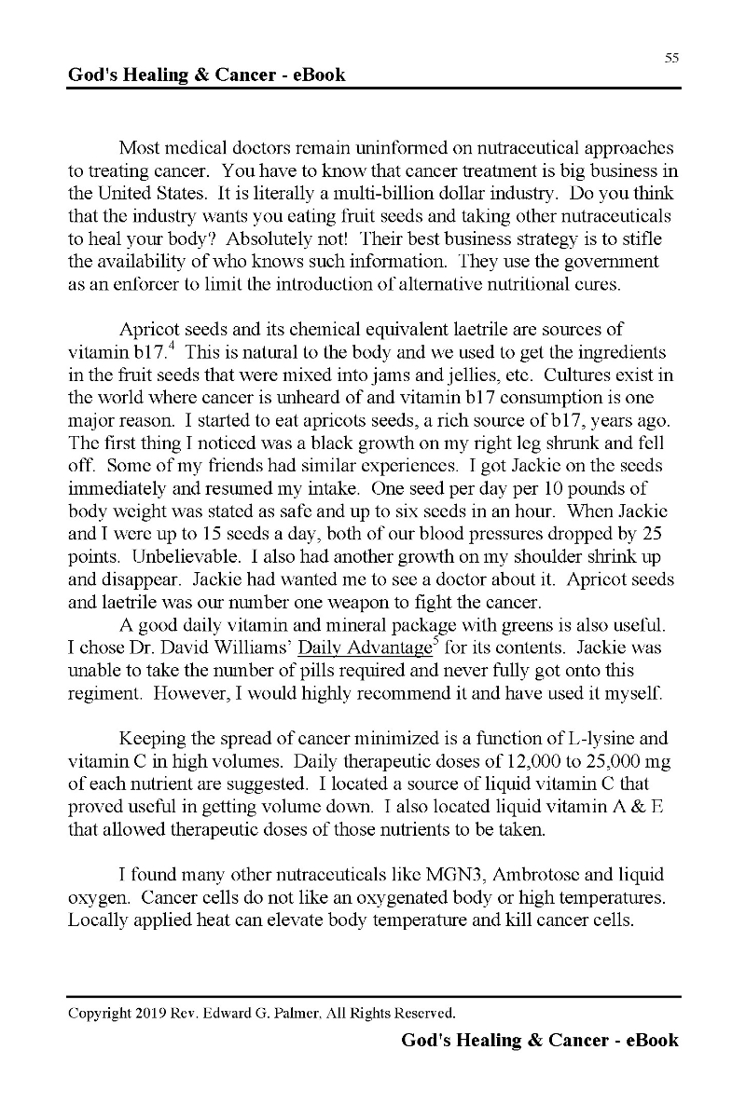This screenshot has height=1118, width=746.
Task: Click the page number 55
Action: pos(671,58)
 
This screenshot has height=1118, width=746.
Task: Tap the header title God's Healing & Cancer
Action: pos(207,75)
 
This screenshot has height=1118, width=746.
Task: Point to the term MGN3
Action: pos(449,875)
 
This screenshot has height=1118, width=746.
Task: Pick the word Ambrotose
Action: pos(535,875)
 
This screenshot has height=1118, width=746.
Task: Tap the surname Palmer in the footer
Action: pos(337,1013)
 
